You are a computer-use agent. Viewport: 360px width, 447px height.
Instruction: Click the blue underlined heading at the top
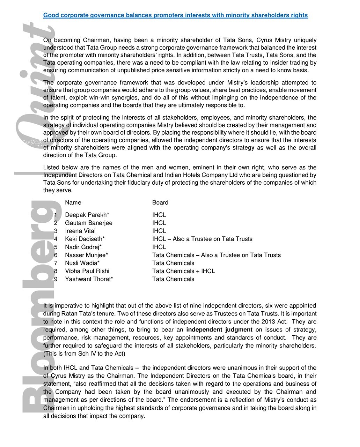coord(175,15)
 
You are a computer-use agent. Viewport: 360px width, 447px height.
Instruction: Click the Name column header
coord(73,203)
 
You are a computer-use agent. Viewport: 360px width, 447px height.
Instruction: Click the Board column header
coord(160,203)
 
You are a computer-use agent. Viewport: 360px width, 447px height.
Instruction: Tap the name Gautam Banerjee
coord(89,223)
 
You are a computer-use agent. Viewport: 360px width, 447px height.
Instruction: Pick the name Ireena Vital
coord(80,231)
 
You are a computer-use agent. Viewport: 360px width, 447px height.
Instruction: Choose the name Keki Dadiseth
coord(85,239)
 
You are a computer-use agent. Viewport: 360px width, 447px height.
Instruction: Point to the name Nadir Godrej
coord(83,247)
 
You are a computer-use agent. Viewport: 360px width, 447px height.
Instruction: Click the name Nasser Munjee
coord(86,255)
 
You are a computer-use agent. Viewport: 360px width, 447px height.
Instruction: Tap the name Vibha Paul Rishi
coord(87,271)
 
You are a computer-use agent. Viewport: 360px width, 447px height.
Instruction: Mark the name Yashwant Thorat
coord(89,279)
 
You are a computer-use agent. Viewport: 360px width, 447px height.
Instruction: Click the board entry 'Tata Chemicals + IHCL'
coord(183,271)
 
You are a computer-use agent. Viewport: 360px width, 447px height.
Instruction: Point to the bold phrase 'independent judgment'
coord(219,330)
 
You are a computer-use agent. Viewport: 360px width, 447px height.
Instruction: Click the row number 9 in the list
coord(56,279)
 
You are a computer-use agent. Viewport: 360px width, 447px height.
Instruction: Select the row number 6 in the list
coord(56,255)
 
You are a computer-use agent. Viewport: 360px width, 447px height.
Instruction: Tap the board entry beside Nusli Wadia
coord(173,263)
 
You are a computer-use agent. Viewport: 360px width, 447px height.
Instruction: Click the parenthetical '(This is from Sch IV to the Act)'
coord(84,354)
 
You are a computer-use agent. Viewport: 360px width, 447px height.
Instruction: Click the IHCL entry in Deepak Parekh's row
coord(159,215)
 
